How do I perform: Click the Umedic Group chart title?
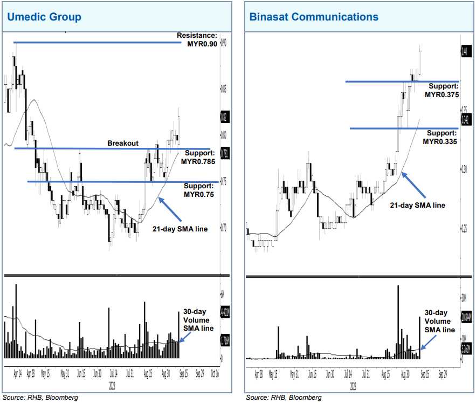coord(44,17)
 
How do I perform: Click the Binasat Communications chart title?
coord(314,17)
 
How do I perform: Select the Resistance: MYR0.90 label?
coord(197,40)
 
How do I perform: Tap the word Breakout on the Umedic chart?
coord(123,144)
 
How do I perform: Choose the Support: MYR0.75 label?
coord(198,190)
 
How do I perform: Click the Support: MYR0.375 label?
coord(441,90)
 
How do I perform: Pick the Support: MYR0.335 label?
coord(440,137)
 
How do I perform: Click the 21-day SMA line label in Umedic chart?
coord(179,229)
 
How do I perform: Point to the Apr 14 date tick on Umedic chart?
coord(16,372)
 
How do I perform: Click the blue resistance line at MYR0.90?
coord(97,42)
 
